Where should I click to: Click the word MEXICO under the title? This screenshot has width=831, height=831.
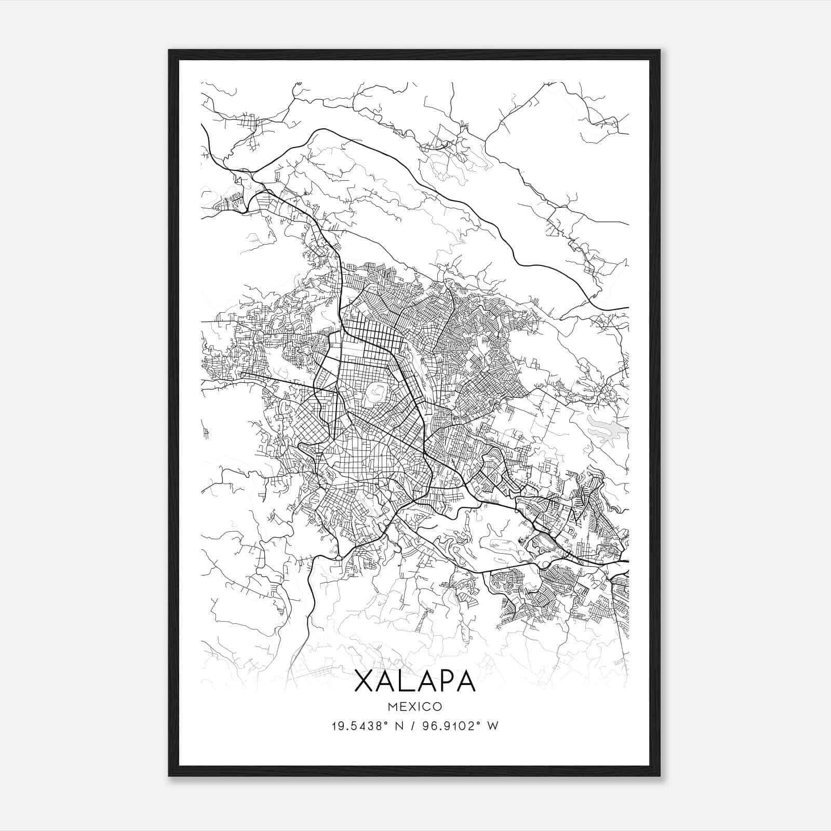point(414,706)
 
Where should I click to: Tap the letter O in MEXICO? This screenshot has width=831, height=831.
point(437,706)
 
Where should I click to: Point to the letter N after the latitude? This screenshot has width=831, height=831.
point(399,726)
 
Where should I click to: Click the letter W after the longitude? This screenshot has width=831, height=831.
point(493,726)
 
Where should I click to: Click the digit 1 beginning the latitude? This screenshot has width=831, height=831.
point(333,726)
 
